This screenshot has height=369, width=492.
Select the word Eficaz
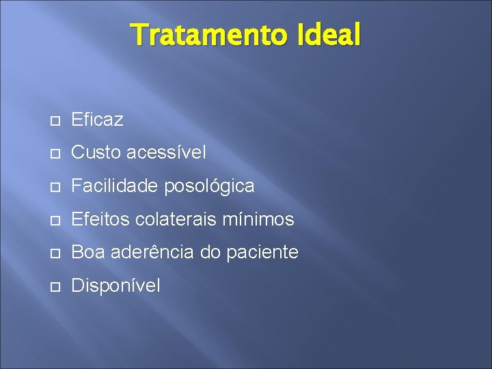click(97, 120)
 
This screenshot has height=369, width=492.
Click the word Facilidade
click(112, 186)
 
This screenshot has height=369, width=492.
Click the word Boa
click(87, 252)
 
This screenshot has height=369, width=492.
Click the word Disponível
click(115, 286)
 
